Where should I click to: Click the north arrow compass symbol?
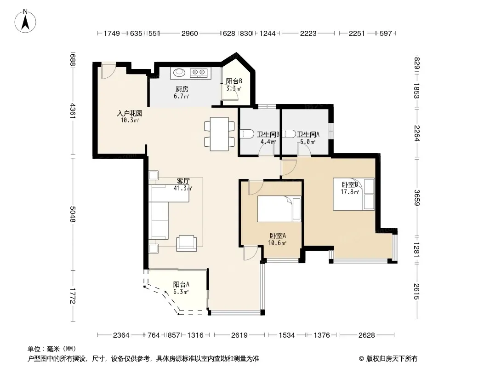tap(25, 21)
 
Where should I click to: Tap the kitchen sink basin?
tap(179, 73)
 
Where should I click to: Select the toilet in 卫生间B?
tap(247, 134)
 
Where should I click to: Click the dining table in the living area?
tap(219, 134)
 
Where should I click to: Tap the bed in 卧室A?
tap(279, 209)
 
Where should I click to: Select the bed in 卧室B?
tap(353, 194)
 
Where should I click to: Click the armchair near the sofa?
tap(187, 243)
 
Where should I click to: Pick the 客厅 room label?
tap(183, 181)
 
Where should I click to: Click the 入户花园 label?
tap(130, 113)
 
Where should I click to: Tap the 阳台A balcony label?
tap(181, 285)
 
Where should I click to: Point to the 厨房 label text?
tap(182, 89)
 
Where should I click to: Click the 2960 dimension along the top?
tap(190, 34)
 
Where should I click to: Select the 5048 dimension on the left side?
tap(73, 214)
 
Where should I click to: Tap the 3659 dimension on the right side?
tap(416, 198)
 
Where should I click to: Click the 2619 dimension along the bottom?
tap(239, 335)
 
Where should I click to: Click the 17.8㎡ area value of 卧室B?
tap(350, 192)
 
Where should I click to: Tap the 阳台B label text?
tap(234, 81)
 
